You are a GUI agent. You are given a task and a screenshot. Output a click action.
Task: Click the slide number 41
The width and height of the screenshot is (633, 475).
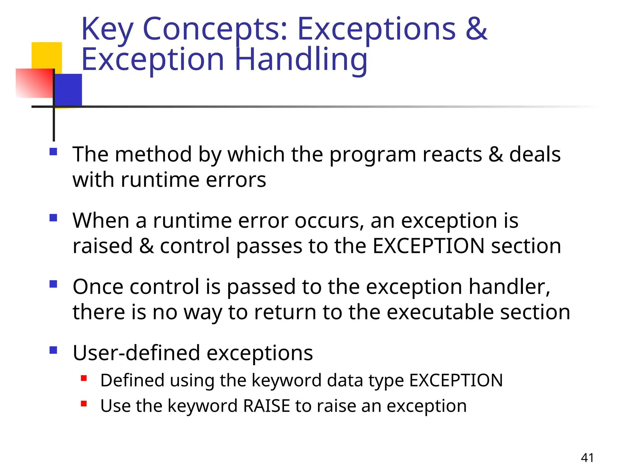[587, 458]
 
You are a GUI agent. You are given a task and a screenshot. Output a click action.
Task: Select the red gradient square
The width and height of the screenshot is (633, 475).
[34, 83]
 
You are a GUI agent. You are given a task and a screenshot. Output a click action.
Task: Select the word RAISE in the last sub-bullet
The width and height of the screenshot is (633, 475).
[266, 406]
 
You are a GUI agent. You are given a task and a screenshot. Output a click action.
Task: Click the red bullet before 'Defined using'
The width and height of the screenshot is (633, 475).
[84, 378]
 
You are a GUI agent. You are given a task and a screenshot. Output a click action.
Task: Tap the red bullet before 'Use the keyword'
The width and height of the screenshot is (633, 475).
[84, 404]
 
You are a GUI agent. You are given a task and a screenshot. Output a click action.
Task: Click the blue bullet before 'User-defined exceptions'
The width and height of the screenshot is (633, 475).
[53, 350]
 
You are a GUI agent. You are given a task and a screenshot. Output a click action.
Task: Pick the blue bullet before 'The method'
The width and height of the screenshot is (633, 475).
[53, 152]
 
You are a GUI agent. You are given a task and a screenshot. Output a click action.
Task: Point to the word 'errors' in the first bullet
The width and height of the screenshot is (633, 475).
[236, 180]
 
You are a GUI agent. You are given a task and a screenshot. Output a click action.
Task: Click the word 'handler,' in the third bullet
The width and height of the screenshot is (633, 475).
[509, 287]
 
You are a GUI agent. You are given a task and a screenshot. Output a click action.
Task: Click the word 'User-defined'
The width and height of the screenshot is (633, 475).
[136, 353]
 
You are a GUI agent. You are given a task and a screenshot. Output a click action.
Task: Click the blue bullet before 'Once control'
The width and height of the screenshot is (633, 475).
[53, 284]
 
